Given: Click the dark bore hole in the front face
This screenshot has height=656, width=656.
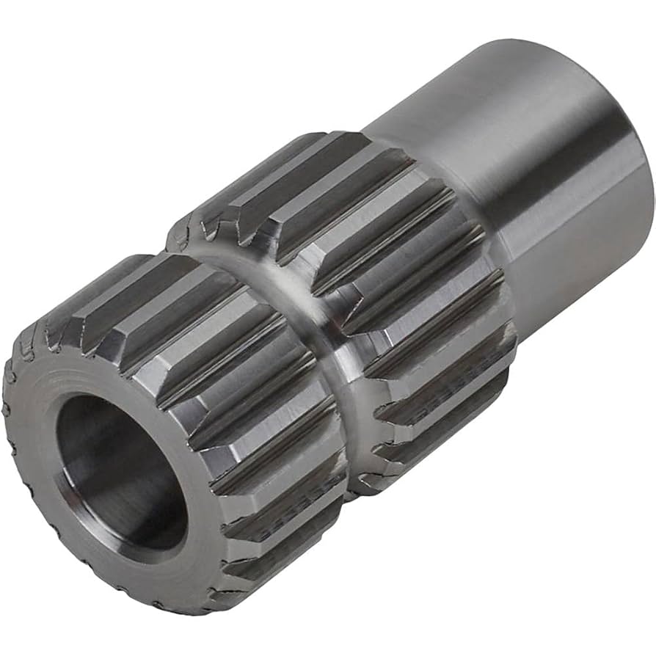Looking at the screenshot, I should (x=121, y=470).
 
